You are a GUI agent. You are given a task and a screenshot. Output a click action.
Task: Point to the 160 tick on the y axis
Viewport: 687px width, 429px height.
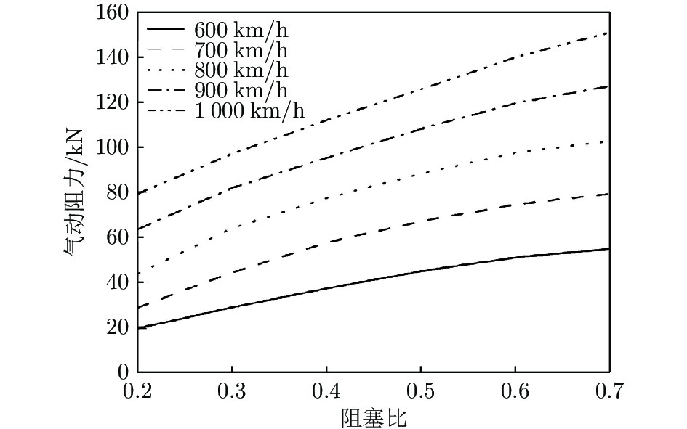point(112,13)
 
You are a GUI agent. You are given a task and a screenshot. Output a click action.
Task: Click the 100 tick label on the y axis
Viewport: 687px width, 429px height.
point(112,147)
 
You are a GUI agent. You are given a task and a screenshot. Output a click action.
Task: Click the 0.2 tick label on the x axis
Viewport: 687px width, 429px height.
point(137,393)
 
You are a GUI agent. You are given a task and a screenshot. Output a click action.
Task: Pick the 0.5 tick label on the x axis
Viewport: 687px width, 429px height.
point(420,393)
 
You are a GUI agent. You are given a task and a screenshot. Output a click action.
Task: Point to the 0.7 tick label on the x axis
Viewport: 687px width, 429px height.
point(608,393)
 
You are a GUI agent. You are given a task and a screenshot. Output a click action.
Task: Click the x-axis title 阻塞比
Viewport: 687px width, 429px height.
point(373,417)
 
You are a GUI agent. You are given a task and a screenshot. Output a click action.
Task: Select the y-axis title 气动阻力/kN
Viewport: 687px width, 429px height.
point(73,192)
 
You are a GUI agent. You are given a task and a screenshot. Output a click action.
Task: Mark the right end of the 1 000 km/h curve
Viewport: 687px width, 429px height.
point(608,33)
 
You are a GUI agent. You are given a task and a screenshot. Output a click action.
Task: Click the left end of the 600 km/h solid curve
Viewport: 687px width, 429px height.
point(137,328)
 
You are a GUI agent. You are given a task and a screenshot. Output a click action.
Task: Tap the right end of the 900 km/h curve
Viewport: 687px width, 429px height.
point(608,86)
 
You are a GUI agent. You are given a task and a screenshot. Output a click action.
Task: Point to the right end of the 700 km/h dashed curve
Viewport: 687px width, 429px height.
point(608,194)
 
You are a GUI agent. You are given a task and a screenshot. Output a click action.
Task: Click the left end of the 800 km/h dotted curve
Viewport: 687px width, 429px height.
point(137,274)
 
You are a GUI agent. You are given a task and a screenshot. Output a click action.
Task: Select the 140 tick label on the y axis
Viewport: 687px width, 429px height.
point(112,57)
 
